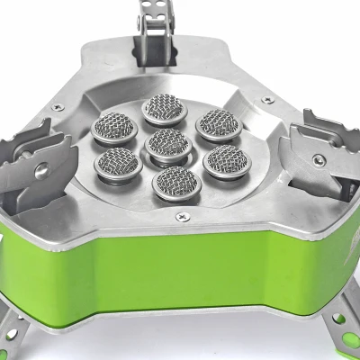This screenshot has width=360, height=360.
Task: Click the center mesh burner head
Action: pyautogui.click(x=166, y=144)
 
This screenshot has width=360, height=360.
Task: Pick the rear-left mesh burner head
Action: pyautogui.click(x=115, y=131)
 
